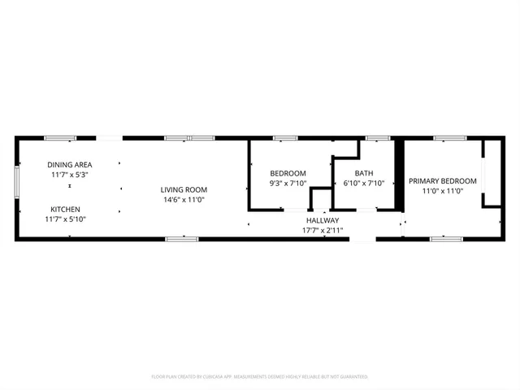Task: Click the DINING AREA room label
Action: (69, 164)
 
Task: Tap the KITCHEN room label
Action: (65, 209)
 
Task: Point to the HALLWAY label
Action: (323, 220)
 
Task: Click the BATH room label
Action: (363, 173)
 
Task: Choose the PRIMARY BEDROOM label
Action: (442, 180)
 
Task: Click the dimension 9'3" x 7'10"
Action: (288, 184)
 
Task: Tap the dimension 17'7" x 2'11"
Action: (323, 230)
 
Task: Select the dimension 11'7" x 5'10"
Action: (65, 219)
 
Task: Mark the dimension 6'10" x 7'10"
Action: (363, 184)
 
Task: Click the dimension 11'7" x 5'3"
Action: (69, 175)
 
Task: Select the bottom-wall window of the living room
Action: (181, 239)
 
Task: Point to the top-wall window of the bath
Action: (377, 138)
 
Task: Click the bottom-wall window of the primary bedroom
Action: (446, 239)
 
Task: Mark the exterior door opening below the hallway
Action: (362, 239)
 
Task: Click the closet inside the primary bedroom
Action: (491, 173)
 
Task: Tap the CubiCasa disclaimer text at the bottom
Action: (260, 377)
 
